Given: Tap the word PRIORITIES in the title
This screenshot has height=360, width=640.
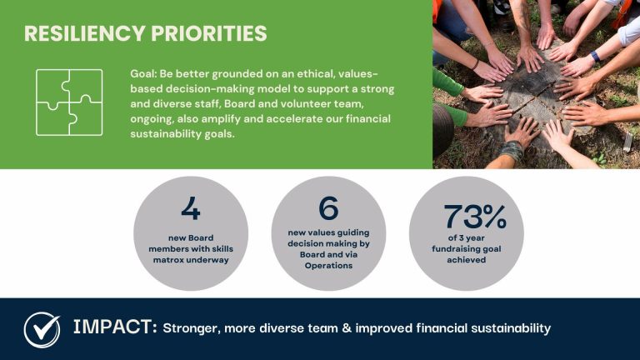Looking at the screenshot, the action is [x=209, y=33].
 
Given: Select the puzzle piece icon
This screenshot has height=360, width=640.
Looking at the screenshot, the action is [x=69, y=102].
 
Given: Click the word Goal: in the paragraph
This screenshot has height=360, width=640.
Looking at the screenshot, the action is [x=143, y=74].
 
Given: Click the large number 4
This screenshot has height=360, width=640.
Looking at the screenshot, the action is [x=191, y=208].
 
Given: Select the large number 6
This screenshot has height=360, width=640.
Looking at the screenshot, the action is [x=328, y=207].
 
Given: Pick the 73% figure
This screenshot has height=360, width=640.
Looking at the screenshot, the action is [x=475, y=217].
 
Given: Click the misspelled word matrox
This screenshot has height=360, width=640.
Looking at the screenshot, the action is [x=167, y=260].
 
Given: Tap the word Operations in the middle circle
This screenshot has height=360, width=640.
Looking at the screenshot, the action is [x=328, y=266].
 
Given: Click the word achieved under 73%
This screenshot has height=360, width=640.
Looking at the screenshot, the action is [x=467, y=260].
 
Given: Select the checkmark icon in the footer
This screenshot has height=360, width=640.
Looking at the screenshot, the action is [x=42, y=329].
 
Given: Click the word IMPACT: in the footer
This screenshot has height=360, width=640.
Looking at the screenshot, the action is [x=115, y=327].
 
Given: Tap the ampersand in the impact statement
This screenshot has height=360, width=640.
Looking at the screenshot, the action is [x=347, y=328].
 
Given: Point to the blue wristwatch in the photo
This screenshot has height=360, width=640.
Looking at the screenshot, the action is [x=596, y=57].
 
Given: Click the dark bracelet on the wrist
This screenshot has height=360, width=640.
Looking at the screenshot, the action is [x=475, y=64].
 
